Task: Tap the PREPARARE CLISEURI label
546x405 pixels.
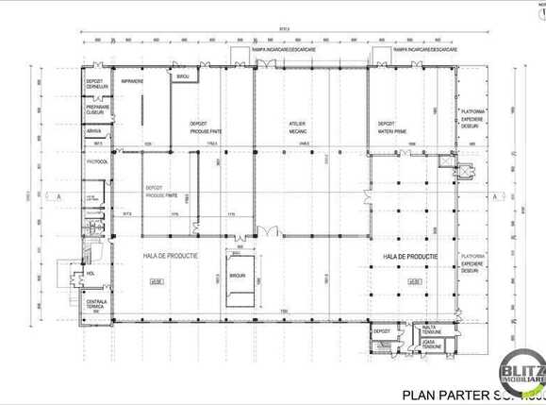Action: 98,110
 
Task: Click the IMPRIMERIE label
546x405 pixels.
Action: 131,81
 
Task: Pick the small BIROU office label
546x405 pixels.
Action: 183,76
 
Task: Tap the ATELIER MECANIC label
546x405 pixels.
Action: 300,126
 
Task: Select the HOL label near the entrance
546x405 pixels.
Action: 91,275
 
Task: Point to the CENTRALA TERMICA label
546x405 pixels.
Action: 98,304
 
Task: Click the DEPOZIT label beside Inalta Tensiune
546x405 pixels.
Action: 381,332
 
